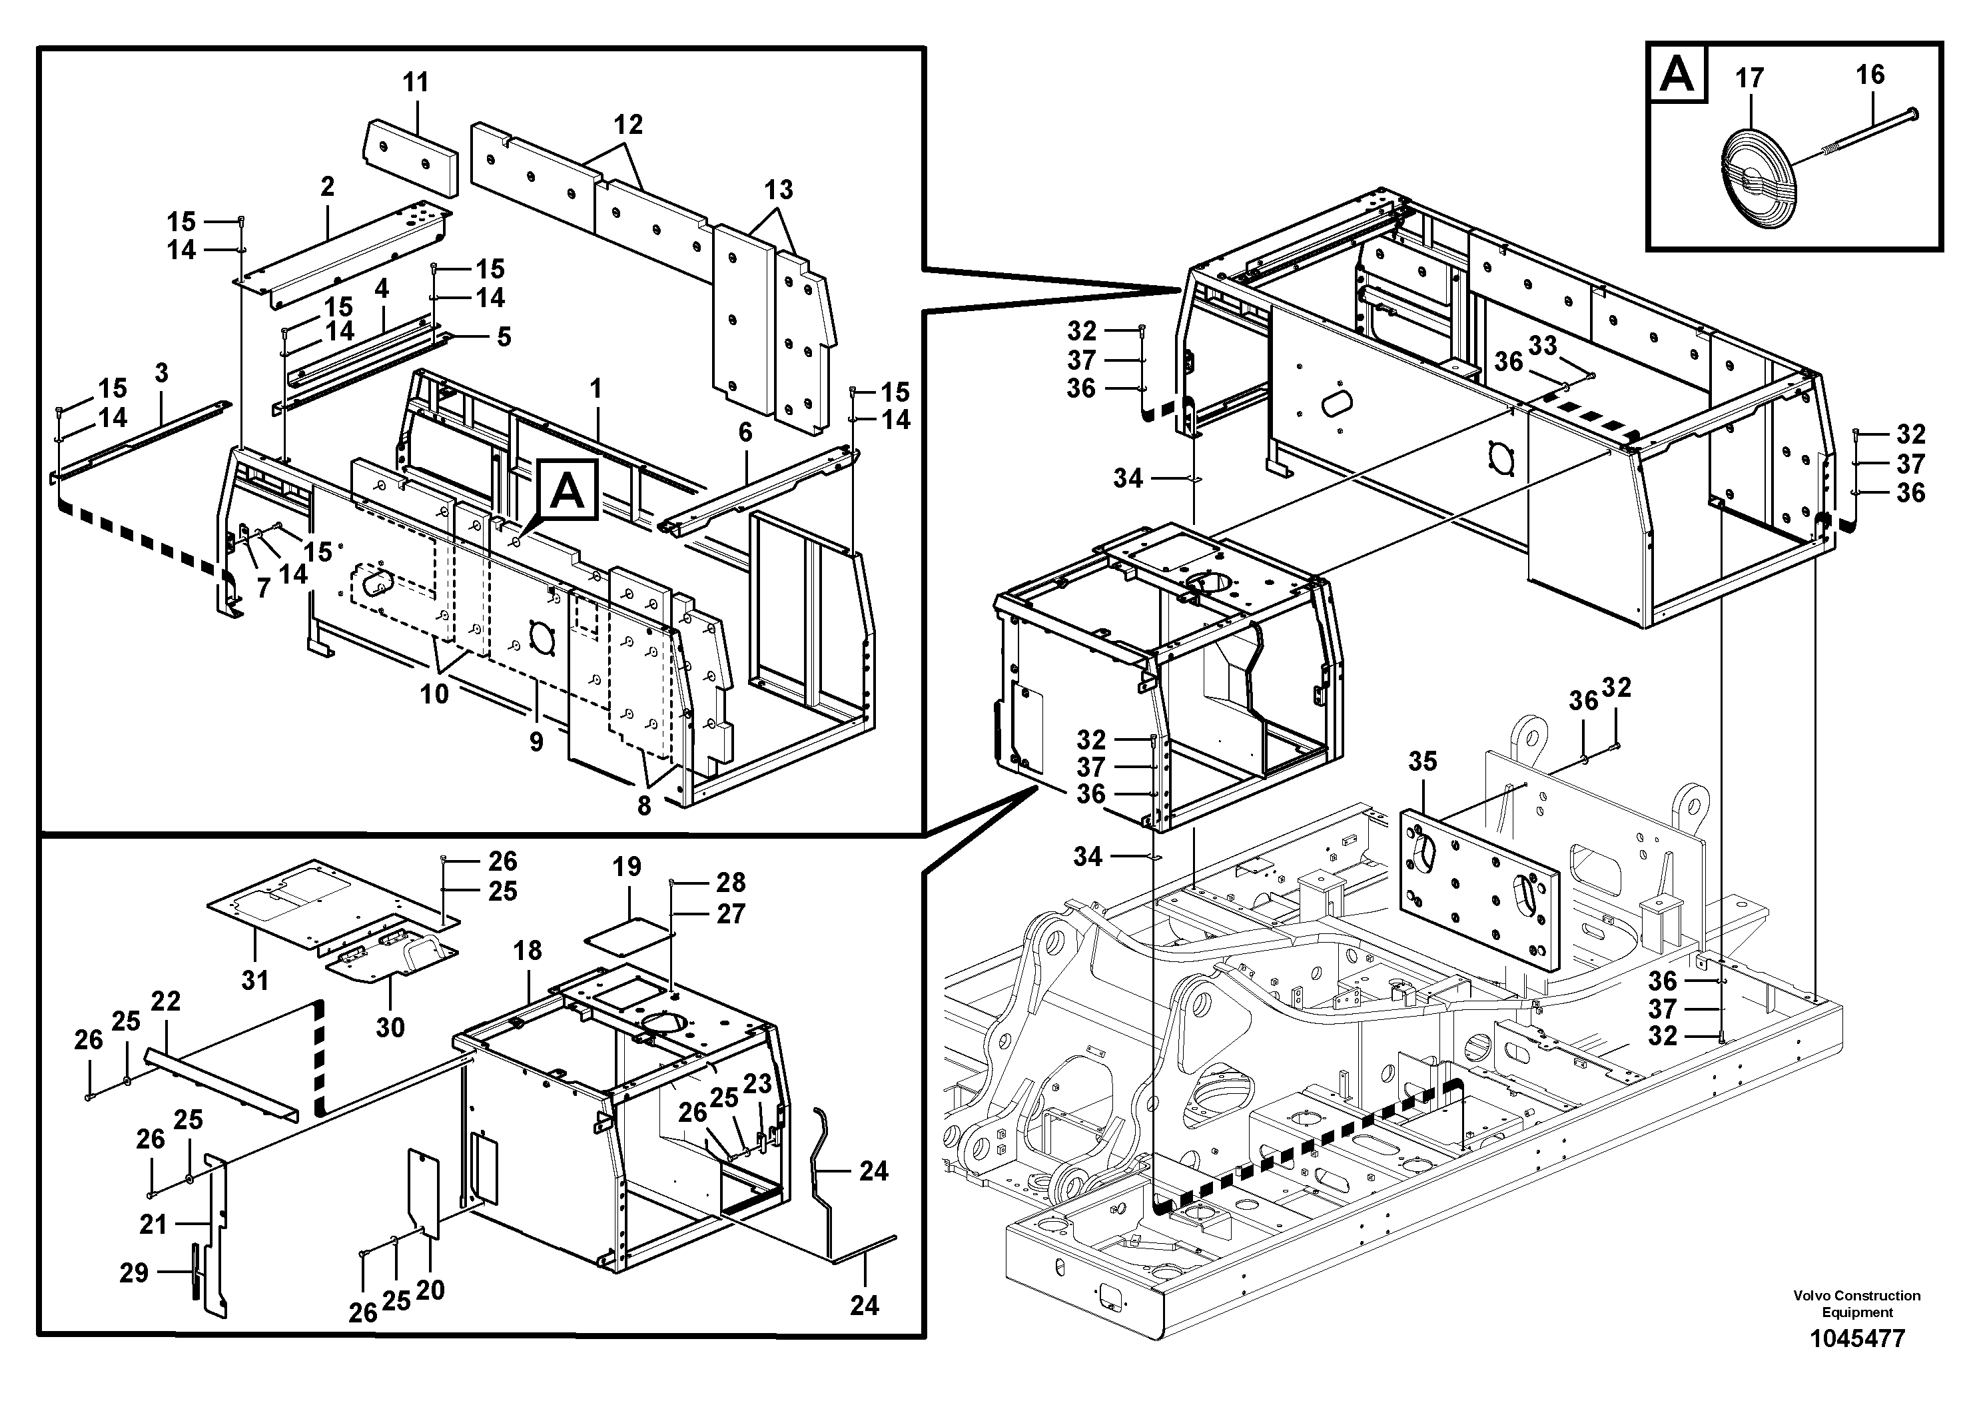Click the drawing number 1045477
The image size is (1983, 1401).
1857,1340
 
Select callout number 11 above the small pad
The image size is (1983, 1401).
416,83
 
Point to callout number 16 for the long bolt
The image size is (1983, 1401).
1870,75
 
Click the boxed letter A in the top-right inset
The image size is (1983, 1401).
1677,75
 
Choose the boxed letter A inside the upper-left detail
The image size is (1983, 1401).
568,492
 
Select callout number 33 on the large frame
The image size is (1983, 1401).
1543,346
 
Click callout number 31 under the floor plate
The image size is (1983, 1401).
254,981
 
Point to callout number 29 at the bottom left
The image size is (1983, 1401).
134,1272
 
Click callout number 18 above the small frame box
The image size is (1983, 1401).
527,951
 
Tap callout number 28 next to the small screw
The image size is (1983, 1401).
731,882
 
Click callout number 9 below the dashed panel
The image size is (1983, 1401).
536,741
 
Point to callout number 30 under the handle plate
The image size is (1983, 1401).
390,1027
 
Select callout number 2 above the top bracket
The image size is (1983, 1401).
327,187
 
